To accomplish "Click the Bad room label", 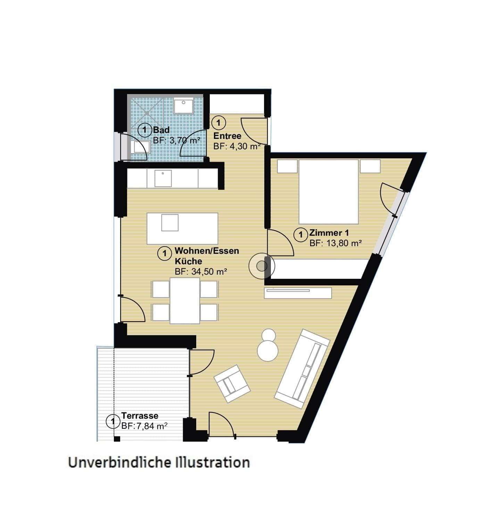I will click(x=161, y=130).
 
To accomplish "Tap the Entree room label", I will click(x=227, y=136).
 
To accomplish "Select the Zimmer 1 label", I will click(x=329, y=233).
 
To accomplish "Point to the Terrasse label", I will click(x=140, y=416).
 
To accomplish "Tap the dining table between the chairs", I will click(x=185, y=301).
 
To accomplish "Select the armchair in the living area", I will click(x=232, y=384).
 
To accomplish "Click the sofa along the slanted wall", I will click(x=302, y=368).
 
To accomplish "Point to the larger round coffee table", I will click(x=268, y=351).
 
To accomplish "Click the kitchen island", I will click(x=183, y=228).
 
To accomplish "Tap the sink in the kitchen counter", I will click(x=163, y=178).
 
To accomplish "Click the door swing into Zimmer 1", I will click(x=280, y=243).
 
